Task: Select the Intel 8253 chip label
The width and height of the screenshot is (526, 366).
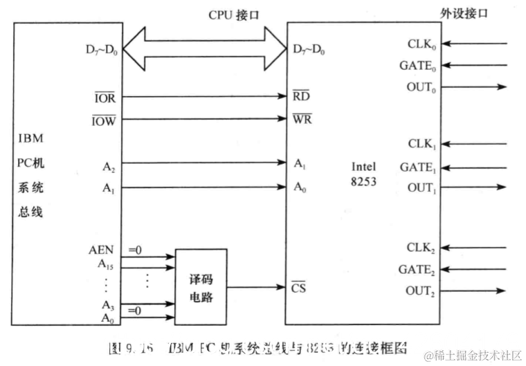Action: [364, 173]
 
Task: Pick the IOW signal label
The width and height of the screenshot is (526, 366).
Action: [105, 120]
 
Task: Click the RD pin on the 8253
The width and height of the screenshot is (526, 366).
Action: [302, 98]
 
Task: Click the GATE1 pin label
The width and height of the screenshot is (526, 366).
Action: [418, 167]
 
